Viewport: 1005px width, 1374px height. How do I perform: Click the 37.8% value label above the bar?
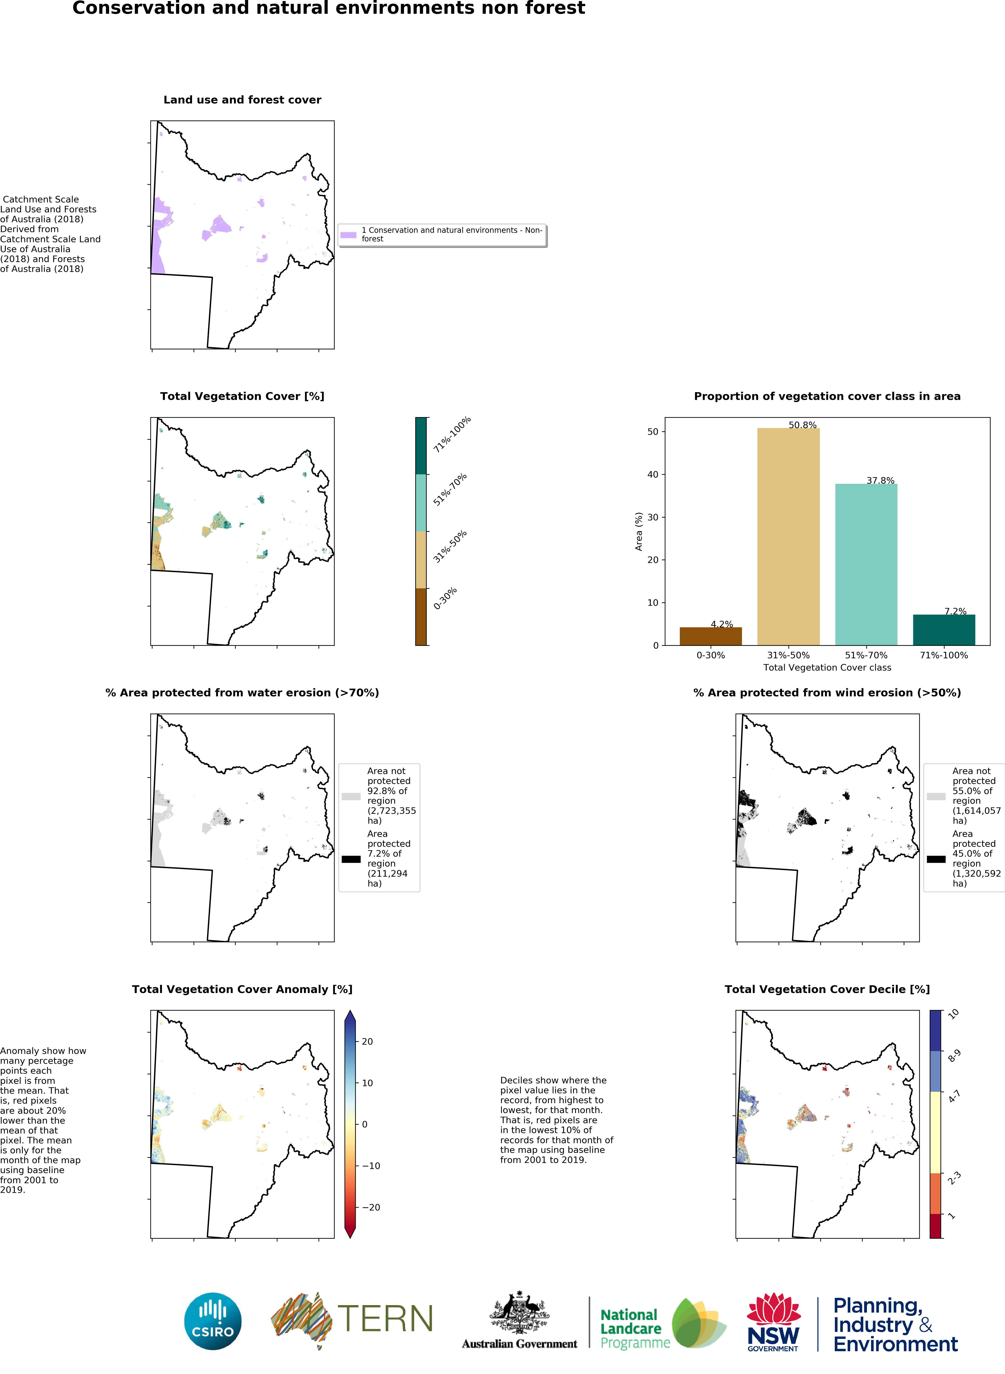pos(880,481)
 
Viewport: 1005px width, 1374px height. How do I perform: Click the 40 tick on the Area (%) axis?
pos(653,475)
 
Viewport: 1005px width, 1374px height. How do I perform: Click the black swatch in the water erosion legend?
pos(351,859)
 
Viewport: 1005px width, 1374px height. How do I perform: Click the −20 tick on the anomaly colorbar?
pos(371,1207)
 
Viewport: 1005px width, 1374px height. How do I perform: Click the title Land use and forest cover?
pos(242,100)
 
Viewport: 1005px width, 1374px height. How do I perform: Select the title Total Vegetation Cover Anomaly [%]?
pos(242,989)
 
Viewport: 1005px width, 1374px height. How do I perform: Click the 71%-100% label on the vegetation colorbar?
pos(452,435)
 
